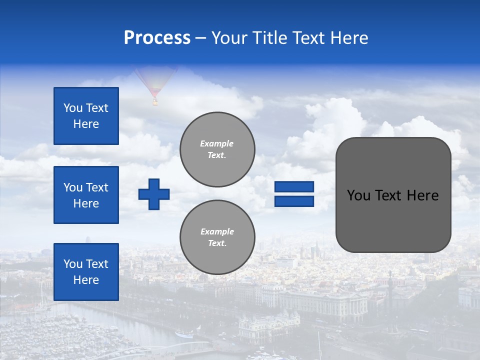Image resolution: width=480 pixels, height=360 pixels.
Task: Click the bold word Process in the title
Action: click(157, 38)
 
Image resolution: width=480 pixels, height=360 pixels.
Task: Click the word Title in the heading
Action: click(267, 38)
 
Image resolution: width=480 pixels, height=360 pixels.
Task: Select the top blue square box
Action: click(86, 116)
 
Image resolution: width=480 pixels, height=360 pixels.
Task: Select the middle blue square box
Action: click(86, 195)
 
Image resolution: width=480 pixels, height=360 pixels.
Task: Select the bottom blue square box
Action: click(86, 272)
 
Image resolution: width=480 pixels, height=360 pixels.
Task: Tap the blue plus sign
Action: click(154, 194)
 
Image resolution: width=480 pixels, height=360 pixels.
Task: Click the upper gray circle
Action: click(217, 149)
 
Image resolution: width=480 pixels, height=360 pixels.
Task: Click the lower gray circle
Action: click(217, 237)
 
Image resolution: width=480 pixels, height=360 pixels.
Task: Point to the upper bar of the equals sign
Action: click(294, 187)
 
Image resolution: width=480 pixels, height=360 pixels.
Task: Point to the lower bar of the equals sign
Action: click(294, 201)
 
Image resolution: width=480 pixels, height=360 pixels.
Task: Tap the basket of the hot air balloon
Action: click(155, 102)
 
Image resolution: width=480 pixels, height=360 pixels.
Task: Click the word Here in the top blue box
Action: click(86, 124)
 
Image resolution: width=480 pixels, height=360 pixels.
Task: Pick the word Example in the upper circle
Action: click(217, 143)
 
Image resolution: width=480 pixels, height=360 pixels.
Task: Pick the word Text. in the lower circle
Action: click(217, 243)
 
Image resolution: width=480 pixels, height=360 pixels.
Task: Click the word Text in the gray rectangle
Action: click(388, 195)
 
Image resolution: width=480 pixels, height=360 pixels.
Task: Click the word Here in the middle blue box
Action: click(86, 203)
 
